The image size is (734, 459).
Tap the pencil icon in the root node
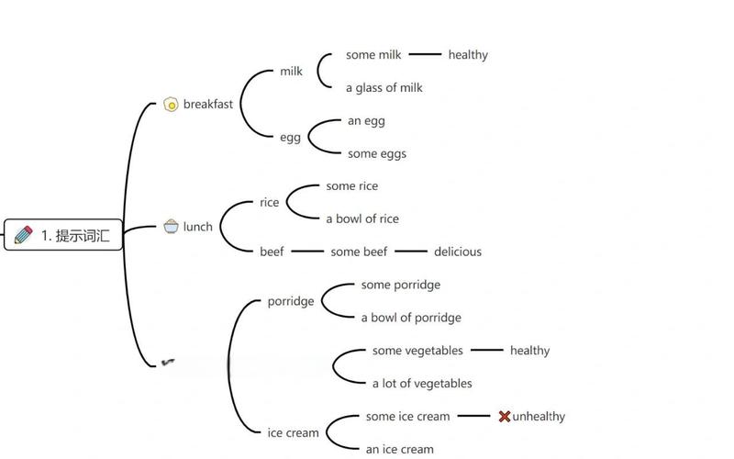tap(24, 235)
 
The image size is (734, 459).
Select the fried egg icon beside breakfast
tap(171, 105)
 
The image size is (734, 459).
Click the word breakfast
tap(208, 104)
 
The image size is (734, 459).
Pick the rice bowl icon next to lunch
tap(171, 226)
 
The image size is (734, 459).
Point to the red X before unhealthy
tap(504, 417)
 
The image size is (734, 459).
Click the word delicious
tap(457, 252)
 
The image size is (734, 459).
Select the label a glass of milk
tap(384, 88)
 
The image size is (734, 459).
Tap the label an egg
tap(366, 121)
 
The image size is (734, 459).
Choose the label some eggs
tap(376, 154)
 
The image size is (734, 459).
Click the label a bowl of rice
tap(362, 218)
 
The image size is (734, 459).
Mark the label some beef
tap(359, 252)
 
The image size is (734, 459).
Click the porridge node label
tap(291, 301)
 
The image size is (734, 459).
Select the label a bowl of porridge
tap(410, 318)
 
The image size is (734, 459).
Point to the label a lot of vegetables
tap(422, 384)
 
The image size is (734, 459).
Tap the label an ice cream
tap(399, 450)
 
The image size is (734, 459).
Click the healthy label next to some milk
tap(468, 55)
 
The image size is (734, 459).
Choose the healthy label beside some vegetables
tap(529, 351)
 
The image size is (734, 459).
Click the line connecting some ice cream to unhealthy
tap(473, 416)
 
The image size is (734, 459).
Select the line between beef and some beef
tap(307, 251)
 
